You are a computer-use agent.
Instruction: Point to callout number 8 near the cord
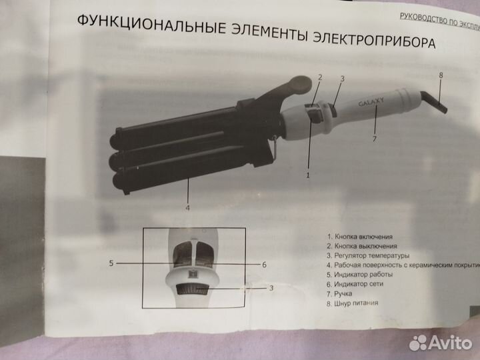441,75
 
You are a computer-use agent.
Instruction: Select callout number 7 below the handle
375,139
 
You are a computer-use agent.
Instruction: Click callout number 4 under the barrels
188,207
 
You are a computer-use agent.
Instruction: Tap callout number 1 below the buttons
308,176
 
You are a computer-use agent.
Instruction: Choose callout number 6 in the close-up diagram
264,265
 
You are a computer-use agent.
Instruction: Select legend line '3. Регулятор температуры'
368,255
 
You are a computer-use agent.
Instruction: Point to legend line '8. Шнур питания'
353,302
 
